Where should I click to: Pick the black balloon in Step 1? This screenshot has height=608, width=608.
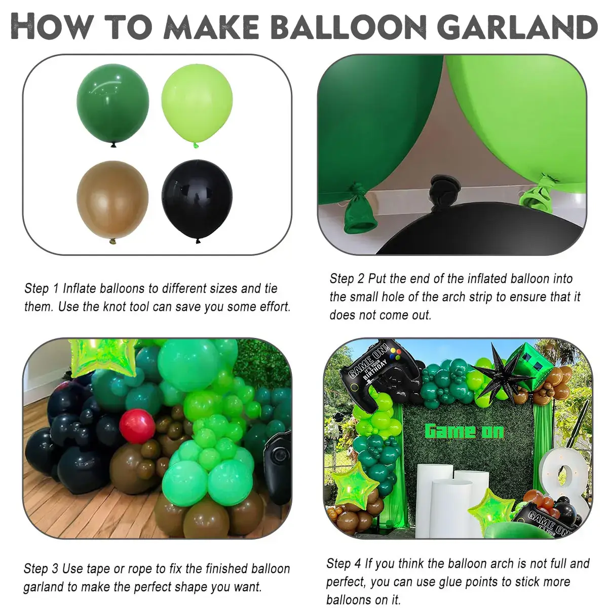197,201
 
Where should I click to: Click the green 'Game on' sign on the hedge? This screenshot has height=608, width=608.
464,431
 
